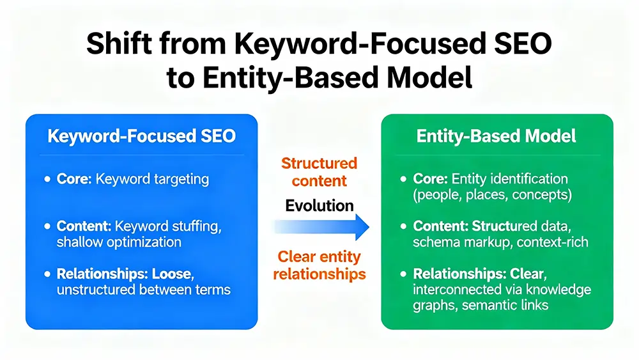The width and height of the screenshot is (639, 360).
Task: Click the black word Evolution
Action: [319, 205]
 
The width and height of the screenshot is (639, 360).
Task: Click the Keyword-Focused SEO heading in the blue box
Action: [141, 136]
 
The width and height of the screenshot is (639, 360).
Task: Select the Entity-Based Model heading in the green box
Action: [496, 136]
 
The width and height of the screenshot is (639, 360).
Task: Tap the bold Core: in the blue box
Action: [74, 179]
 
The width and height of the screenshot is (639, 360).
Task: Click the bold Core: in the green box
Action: [431, 179]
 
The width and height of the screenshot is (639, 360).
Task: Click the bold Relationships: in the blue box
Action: [103, 274]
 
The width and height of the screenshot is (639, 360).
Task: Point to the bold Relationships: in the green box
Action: [460, 274]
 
